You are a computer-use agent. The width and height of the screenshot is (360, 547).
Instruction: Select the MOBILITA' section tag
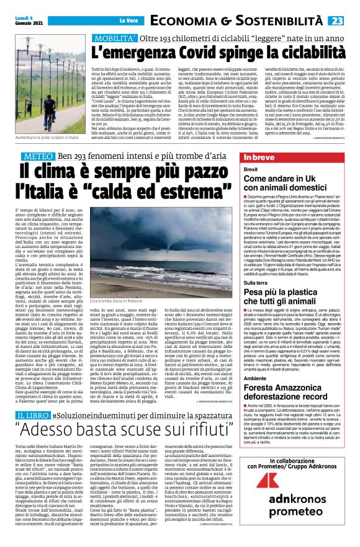[115, 38]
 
